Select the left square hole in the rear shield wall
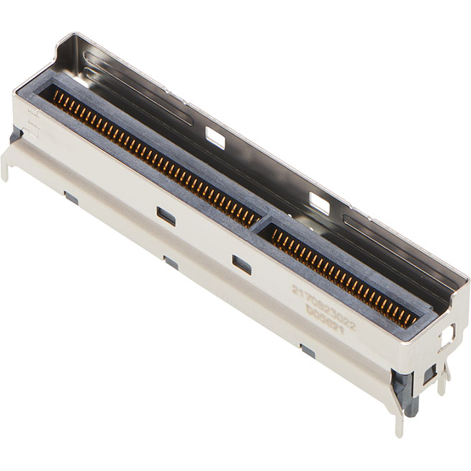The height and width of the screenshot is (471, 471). (x=215, y=138)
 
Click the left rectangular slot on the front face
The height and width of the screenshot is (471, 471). (x=166, y=215)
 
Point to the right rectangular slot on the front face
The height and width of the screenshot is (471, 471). (x=242, y=264)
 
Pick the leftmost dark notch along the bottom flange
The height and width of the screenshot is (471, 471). (x=71, y=197)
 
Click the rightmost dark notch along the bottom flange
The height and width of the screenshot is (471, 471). (x=308, y=351)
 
